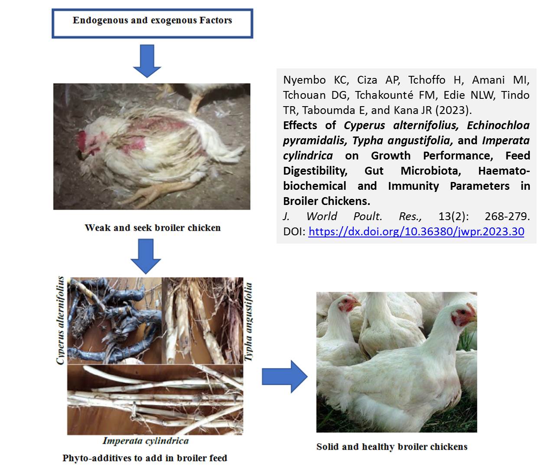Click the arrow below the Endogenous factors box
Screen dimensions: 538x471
pyautogui.click(x=147, y=61)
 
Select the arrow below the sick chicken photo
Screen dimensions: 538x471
pyautogui.click(x=146, y=256)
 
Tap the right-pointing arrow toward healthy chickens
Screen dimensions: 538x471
pyautogui.click(x=284, y=377)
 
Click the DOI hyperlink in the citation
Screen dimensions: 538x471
pyautogui.click(x=416, y=231)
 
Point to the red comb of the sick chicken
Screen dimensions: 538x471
pyautogui.click(x=82, y=141)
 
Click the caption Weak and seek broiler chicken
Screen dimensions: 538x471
pyautogui.click(x=153, y=227)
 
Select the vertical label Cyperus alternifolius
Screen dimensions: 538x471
pyautogui.click(x=60, y=320)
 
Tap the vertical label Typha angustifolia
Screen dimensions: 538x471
pyautogui.click(x=248, y=322)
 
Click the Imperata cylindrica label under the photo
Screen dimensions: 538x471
pyautogui.click(x=146, y=441)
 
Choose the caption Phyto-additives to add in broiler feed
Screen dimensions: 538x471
pyautogui.click(x=145, y=458)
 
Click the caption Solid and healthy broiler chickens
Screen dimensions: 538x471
pyautogui.click(x=392, y=447)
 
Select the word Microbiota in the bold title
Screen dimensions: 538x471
pyautogui.click(x=430, y=171)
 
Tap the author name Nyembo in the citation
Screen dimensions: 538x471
pyautogui.click(x=304, y=80)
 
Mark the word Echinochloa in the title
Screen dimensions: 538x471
pyautogui.click(x=498, y=125)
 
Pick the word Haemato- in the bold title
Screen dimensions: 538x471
pyautogui.click(x=504, y=171)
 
